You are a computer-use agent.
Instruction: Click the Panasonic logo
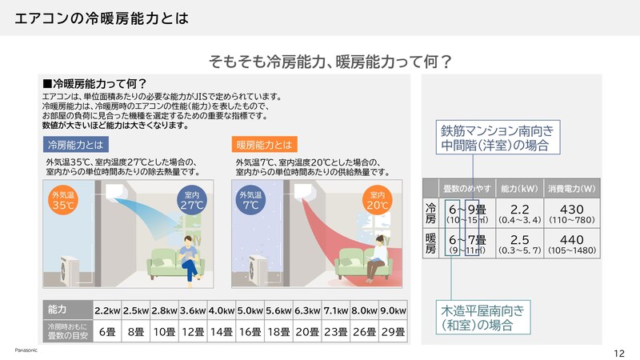pyautogui.click(x=26, y=350)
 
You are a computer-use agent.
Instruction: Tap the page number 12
pyautogui.click(x=618, y=352)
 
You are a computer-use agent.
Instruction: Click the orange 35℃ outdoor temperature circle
pyautogui.click(x=62, y=200)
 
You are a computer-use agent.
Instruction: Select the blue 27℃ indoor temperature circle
pyautogui.click(x=189, y=200)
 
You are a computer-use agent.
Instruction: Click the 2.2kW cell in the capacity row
pyautogui.click(x=108, y=310)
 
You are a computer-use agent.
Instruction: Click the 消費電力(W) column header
pyautogui.click(x=573, y=189)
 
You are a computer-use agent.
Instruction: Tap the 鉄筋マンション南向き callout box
pyautogui.click(x=497, y=137)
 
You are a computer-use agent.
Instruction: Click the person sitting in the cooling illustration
pyautogui.click(x=189, y=258)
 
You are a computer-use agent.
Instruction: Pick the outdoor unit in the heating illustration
pyautogui.click(x=260, y=264)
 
